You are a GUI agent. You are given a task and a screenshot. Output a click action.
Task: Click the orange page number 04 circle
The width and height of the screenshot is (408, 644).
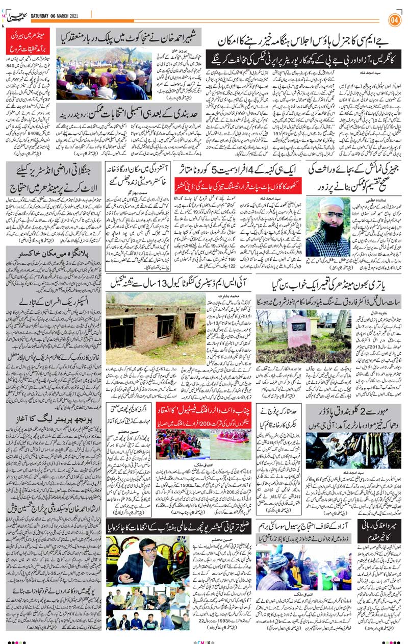click(394, 20)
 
